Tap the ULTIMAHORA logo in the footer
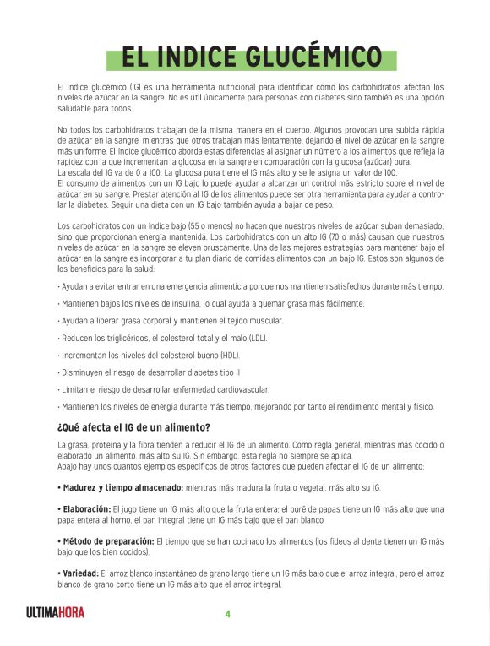pyautogui.click(x=55, y=613)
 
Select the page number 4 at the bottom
pyautogui.click(x=227, y=614)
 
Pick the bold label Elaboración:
pyautogui.click(x=84, y=509)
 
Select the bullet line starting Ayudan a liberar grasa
pyautogui.click(x=170, y=321)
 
